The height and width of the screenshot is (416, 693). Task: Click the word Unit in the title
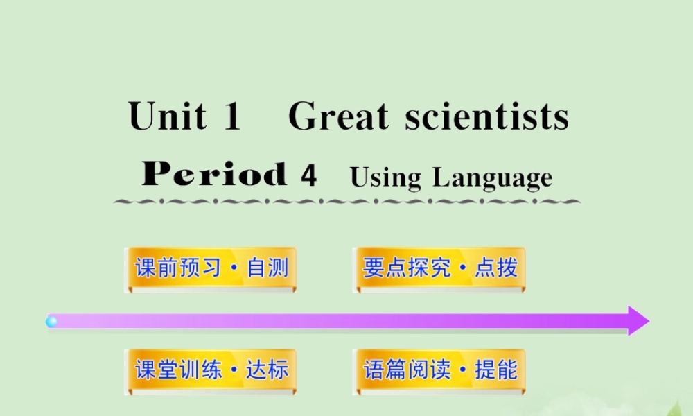coord(167,116)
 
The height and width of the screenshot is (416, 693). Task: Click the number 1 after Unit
coord(231,116)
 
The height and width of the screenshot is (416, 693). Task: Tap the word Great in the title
coord(338,116)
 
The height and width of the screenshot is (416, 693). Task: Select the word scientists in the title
coord(487,116)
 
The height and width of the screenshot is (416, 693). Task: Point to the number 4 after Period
coord(309,175)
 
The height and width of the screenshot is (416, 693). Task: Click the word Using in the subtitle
coord(385,177)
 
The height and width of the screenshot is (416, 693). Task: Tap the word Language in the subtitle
coord(492,178)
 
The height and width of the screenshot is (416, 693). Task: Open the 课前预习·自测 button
coord(211,268)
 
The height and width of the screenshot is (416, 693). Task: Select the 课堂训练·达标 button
coord(211,370)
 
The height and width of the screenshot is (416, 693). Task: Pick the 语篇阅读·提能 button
coord(438,370)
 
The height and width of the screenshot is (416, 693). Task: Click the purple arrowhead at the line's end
coord(638,321)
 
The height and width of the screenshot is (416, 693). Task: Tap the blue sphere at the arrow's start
coord(51,321)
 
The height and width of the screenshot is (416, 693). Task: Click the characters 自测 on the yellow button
coord(267,268)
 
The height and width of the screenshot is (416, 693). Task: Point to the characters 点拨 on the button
coord(495,268)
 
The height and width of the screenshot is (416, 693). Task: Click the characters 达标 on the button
coord(267,370)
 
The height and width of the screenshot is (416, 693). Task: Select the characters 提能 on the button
coord(495,370)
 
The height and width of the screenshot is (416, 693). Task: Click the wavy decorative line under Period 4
coord(346,202)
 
